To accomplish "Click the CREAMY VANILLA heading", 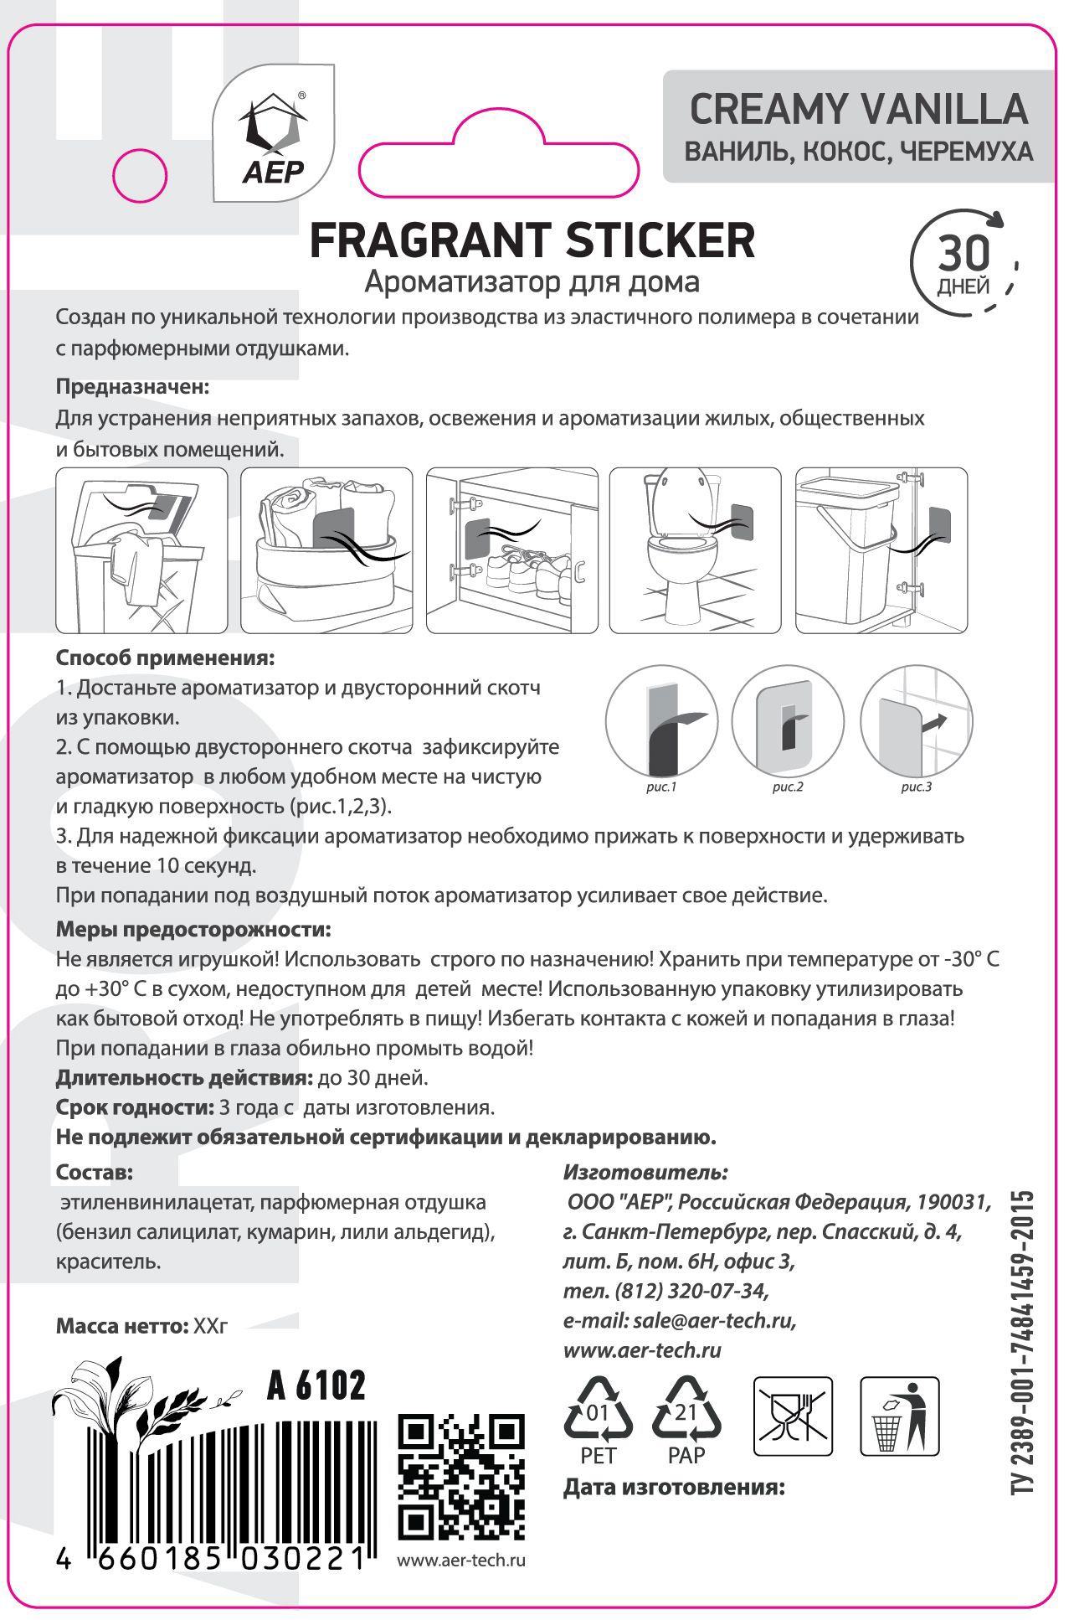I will pyautogui.click(x=858, y=109).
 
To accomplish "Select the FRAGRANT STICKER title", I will pyautogui.click(x=532, y=241).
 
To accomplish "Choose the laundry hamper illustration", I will pyautogui.click(x=141, y=550).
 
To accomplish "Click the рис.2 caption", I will pyautogui.click(x=788, y=787).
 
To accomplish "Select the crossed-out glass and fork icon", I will pyautogui.click(x=794, y=1417).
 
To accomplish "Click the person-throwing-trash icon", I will pyautogui.click(x=900, y=1417).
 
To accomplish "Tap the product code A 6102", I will pyautogui.click(x=316, y=1386).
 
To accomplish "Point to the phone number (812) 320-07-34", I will pyautogui.click(x=665, y=1289).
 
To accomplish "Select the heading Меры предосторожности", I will pyautogui.click(x=193, y=930).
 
